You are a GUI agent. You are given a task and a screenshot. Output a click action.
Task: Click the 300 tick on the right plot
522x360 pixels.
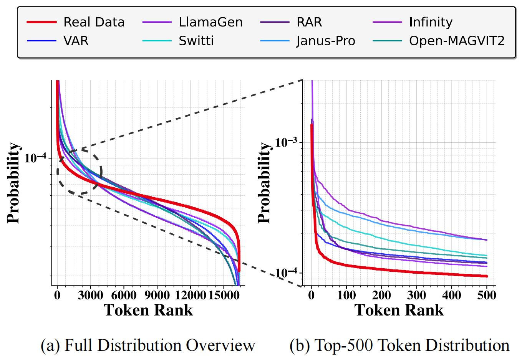tap(416, 295)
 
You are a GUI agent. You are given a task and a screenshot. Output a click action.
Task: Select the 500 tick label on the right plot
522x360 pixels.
tap(487, 295)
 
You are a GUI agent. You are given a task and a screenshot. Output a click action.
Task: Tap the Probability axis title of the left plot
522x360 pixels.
tap(13, 183)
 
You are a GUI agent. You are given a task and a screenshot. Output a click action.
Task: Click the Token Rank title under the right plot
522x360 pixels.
tap(399, 310)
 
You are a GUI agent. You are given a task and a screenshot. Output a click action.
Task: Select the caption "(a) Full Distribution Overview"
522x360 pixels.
tap(148, 345)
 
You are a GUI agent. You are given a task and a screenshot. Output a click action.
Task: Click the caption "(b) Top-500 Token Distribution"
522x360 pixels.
tap(399, 345)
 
